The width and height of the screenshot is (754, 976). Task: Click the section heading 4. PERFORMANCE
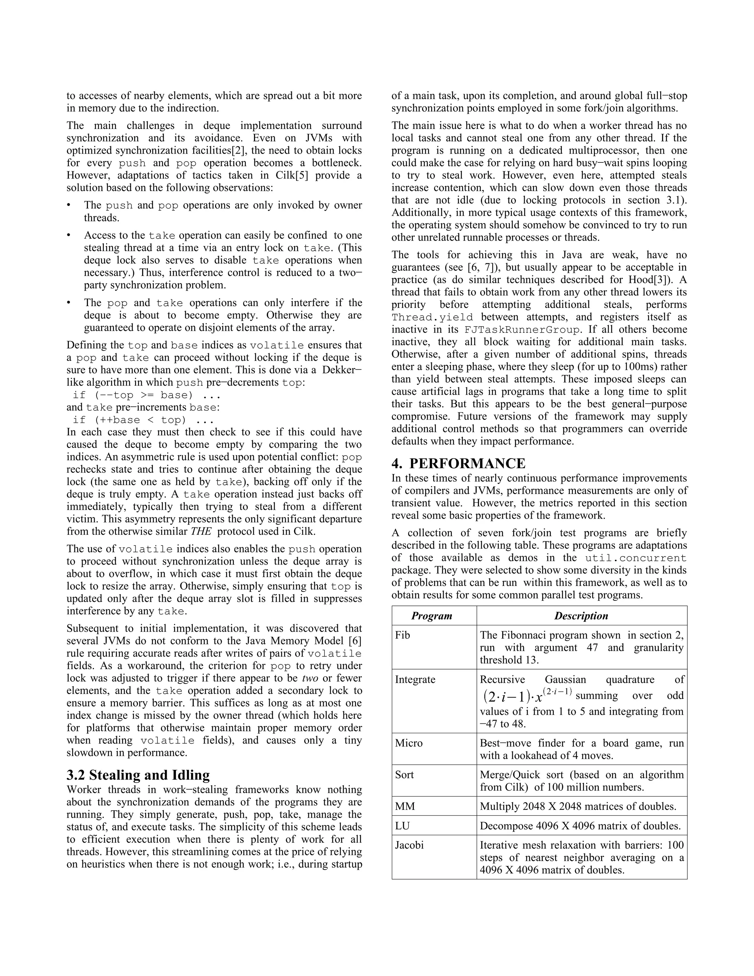tap(458, 463)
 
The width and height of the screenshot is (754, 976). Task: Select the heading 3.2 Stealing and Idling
tap(138, 775)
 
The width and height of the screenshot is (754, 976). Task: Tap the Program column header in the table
tap(431, 616)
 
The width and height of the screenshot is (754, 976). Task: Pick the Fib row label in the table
tap(402, 635)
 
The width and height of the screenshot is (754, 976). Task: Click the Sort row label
tap(404, 775)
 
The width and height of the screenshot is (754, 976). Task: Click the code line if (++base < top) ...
tap(140, 420)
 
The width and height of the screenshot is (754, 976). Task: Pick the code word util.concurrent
tap(635, 558)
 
